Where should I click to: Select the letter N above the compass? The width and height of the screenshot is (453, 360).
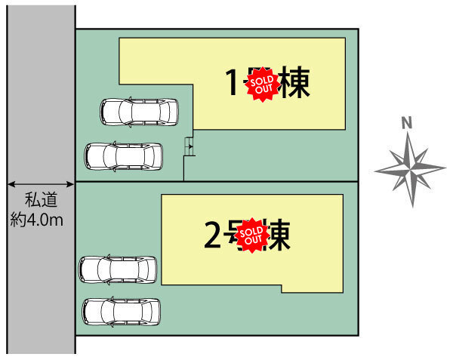[406, 123]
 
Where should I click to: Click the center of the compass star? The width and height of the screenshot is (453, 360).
[411, 168]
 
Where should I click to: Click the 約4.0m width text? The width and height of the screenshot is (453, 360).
[37, 220]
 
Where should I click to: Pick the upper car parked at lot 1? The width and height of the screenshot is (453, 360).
[140, 112]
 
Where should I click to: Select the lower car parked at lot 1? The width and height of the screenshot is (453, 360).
[123, 156]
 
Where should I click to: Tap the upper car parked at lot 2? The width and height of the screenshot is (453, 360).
[118, 269]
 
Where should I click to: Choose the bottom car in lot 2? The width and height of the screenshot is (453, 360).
[122, 311]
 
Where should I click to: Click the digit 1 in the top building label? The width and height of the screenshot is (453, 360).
[235, 83]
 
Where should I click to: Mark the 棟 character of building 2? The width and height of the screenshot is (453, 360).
[278, 235]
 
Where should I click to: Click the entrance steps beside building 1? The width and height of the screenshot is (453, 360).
[189, 148]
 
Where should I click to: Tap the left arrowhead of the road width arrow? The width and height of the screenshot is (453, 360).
[11, 183]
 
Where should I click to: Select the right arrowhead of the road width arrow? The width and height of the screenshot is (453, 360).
[72, 183]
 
